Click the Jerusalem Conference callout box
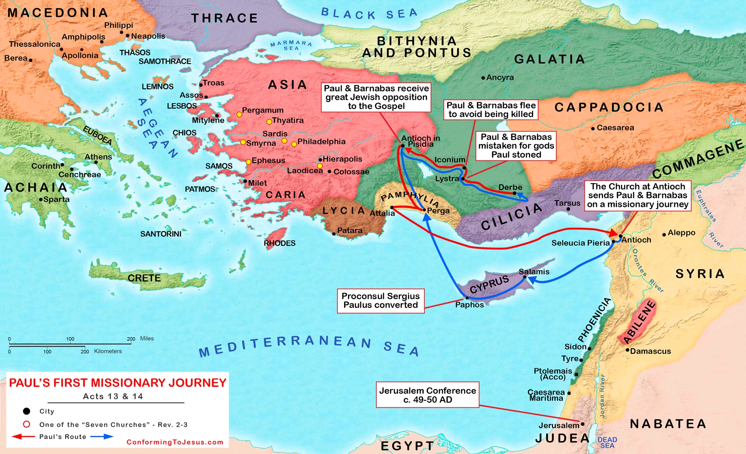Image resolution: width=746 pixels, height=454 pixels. coord(427,395)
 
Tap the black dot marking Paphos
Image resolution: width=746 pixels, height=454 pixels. coord(467,298)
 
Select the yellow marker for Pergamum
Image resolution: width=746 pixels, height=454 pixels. coord(239,114)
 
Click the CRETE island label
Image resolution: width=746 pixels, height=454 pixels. coord(144,278)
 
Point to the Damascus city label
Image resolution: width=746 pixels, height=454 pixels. coord(650,351)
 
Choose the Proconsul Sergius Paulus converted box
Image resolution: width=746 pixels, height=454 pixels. coord(380,301)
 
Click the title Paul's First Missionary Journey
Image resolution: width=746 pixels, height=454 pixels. coord(118,383)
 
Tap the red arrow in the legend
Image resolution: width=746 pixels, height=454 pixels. coord(23,437)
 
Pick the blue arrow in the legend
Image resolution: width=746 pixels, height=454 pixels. coord(102,437)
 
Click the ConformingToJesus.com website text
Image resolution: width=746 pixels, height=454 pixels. coord(175,442)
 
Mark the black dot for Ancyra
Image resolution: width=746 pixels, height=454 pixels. coord(483,78)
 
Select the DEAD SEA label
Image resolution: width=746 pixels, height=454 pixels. coord(607,442)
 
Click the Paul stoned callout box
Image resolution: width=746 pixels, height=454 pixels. coord(516,146)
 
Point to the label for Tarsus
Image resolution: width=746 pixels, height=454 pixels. coord(567,203)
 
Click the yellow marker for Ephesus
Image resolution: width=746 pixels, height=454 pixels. coord(248,162)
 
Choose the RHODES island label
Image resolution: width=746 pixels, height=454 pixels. coord(279,243)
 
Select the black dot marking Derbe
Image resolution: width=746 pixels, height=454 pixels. coord(514,193)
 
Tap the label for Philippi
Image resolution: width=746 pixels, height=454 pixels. coord(119,25)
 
